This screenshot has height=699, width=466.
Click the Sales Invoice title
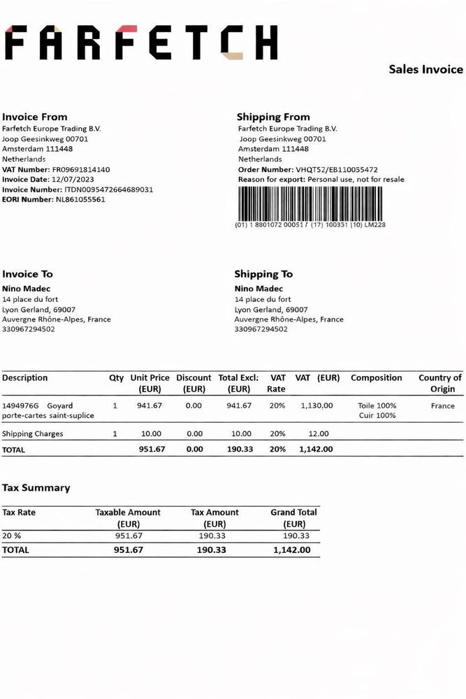[425, 69]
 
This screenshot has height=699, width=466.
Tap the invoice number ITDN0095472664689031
[108, 189]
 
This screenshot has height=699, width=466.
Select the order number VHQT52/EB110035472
[337, 169]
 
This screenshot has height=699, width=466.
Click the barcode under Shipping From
[310, 203]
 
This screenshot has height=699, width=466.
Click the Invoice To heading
[27, 274]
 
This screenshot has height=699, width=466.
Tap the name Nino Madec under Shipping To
[259, 289]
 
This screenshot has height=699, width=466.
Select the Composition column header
[376, 377]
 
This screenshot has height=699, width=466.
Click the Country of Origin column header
[440, 383]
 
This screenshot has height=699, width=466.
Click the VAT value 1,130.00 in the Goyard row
[316, 405]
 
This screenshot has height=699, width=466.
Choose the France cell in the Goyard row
[442, 405]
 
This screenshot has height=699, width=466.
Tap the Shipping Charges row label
[33, 433]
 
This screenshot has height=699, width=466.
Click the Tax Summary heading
[36, 488]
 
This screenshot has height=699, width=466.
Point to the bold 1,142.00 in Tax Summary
[291, 550]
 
